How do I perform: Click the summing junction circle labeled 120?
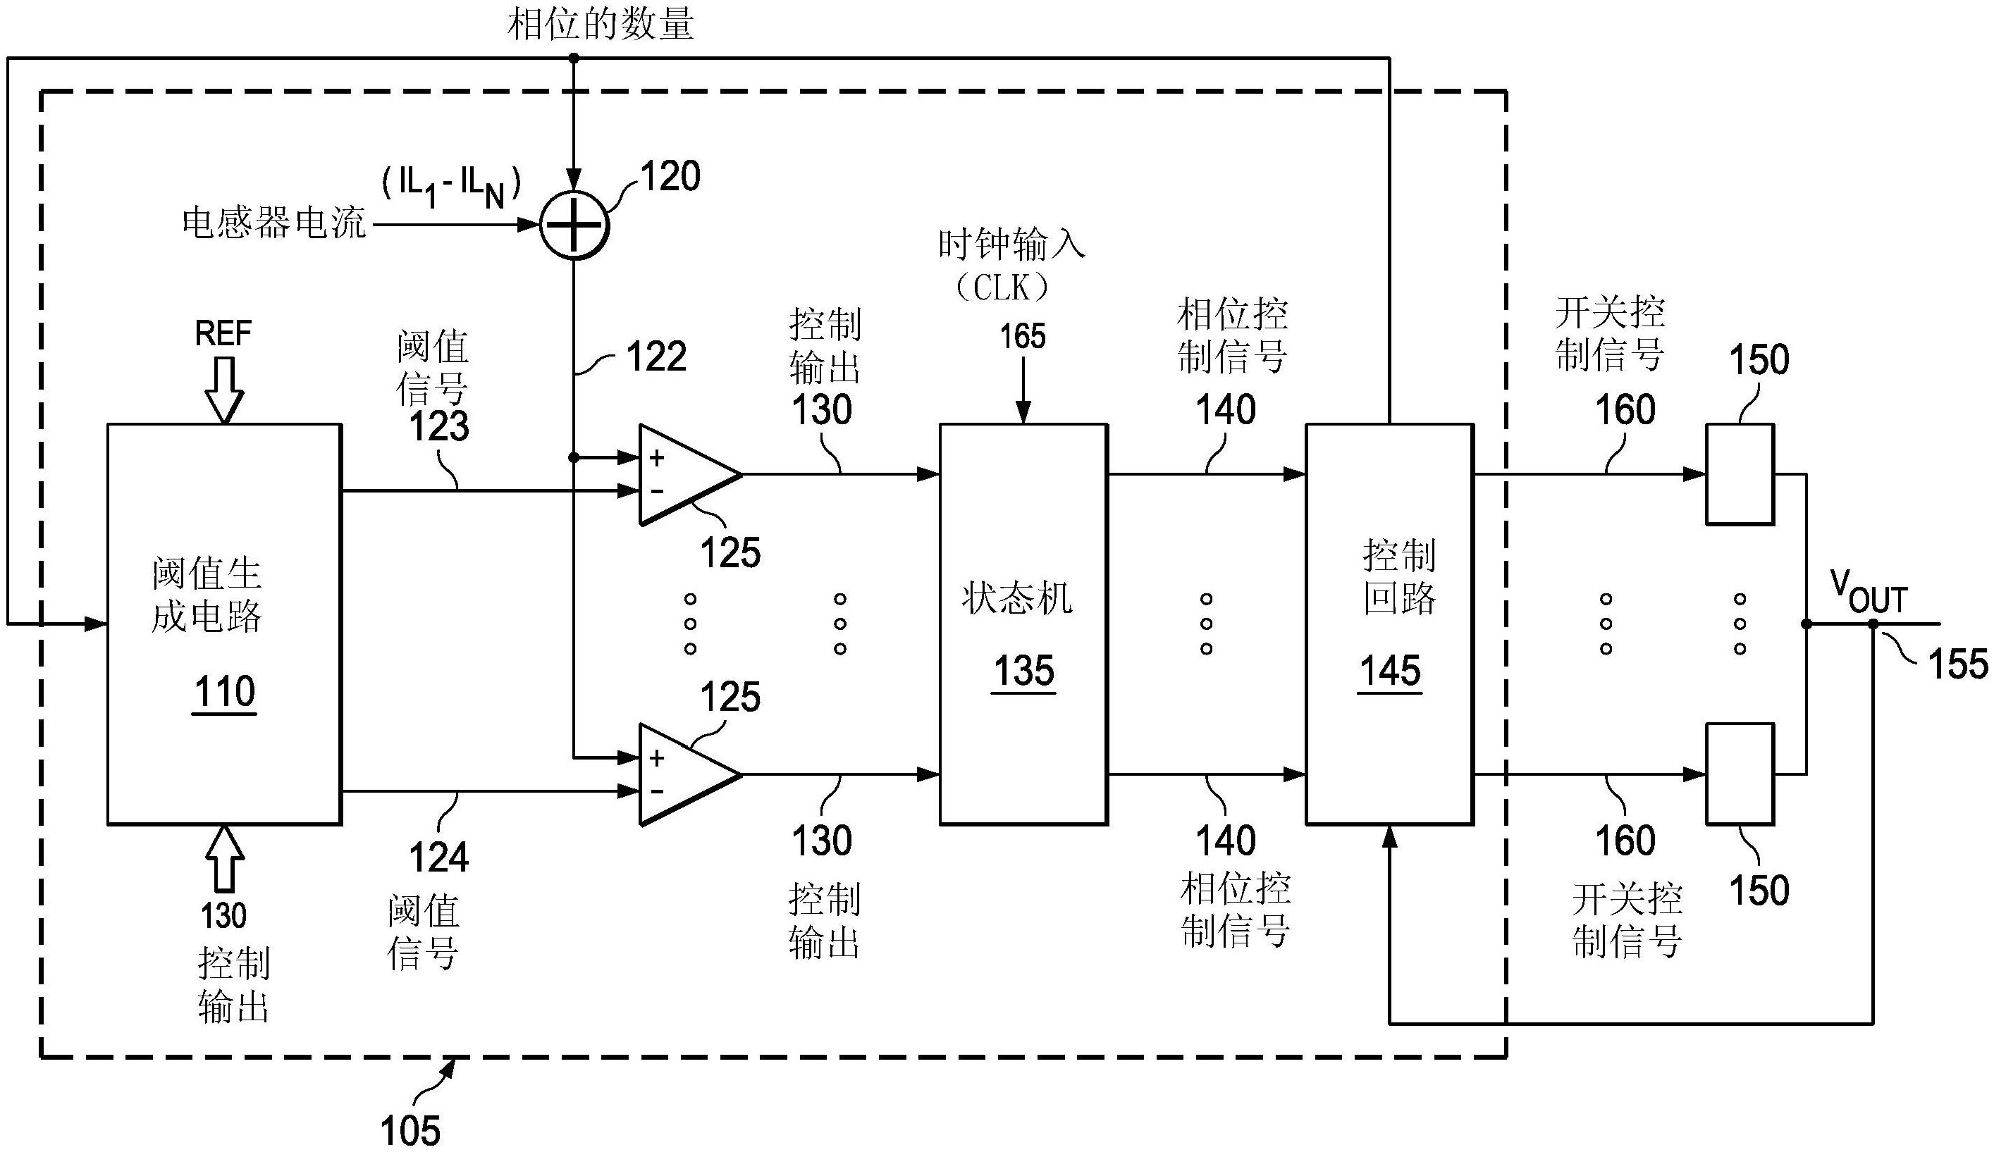[x=574, y=225]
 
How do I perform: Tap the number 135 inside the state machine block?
[x=1023, y=671]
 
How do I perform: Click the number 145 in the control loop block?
[x=1390, y=671]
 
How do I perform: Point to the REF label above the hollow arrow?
[x=223, y=333]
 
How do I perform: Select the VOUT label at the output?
[x=1869, y=593]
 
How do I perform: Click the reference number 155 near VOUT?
[x=1957, y=663]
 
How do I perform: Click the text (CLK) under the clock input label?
[x=1002, y=287]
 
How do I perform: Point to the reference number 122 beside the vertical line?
[x=656, y=357]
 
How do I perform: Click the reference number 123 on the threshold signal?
[x=439, y=426]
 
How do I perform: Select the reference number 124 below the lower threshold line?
[x=439, y=857]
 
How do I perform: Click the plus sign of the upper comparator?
[x=656, y=458]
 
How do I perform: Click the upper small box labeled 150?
[x=1740, y=474]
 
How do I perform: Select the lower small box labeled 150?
[x=1740, y=774]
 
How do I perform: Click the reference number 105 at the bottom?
[x=410, y=1130]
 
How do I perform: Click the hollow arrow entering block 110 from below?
[x=224, y=858]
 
